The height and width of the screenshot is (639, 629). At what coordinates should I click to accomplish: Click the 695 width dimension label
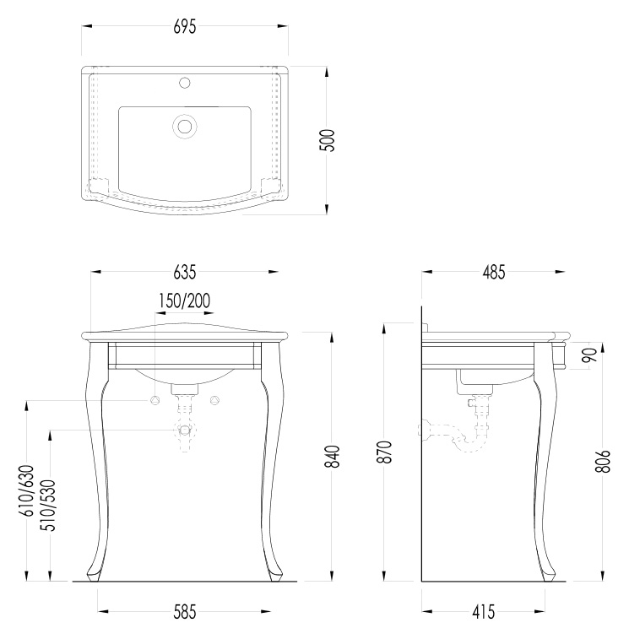(x=185, y=27)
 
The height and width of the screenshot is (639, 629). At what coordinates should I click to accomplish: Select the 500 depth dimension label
(x=327, y=141)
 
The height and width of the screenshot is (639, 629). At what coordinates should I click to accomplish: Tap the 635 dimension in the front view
(x=185, y=272)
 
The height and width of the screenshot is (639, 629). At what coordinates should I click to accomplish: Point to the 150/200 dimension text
(x=184, y=301)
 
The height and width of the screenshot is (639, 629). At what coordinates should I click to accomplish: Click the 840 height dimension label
(x=333, y=457)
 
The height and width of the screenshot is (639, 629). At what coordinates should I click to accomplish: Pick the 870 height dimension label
(x=385, y=452)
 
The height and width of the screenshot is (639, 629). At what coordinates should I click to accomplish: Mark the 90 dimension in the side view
(x=589, y=355)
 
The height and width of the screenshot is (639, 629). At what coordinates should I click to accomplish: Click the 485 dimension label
(x=494, y=272)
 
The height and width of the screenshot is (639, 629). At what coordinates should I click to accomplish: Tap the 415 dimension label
(x=484, y=612)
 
